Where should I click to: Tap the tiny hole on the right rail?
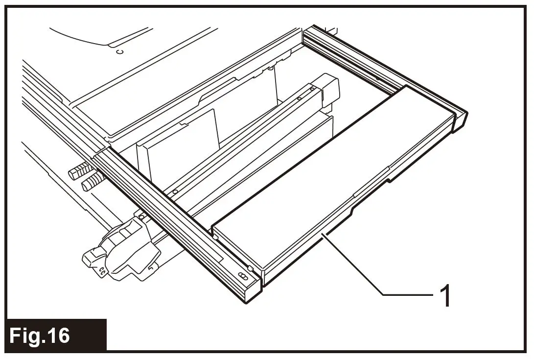click(x=377, y=77)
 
